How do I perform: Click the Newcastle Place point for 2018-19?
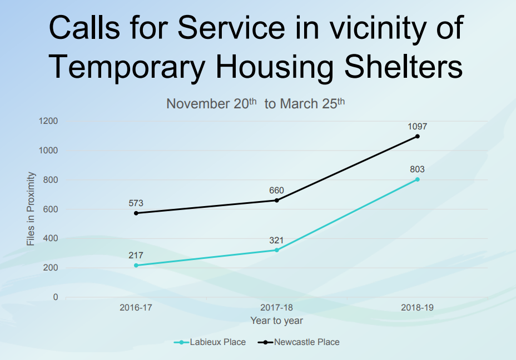(417, 136)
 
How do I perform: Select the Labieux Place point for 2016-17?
(136, 266)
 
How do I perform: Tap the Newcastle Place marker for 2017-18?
(276, 200)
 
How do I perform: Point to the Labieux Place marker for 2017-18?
(276, 250)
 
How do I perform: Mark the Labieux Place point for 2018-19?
(417, 179)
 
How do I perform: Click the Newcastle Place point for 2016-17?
(136, 213)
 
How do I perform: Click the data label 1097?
(417, 126)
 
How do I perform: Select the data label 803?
(417, 169)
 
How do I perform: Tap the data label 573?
(136, 203)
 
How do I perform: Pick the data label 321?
(276, 241)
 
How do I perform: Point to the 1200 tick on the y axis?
(48, 121)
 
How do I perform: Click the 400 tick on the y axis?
(51, 238)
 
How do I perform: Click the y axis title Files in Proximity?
(31, 209)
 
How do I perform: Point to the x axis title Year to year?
(276, 321)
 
